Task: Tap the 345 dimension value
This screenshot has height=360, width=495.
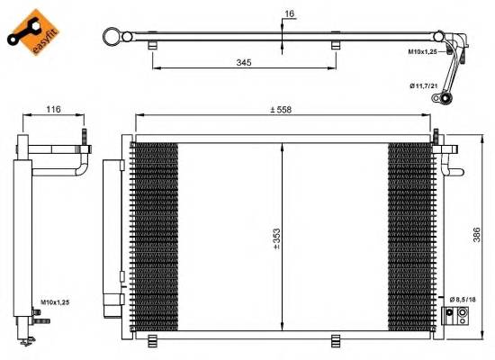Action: click(x=244, y=63)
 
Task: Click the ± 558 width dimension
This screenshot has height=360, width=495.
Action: click(x=284, y=110)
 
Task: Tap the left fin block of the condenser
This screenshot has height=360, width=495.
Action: click(x=155, y=237)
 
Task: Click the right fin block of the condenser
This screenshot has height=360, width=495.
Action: click(x=409, y=237)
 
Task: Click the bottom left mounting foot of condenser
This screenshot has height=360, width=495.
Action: click(x=152, y=339)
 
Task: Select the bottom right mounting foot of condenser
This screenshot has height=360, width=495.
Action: click(x=336, y=339)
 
